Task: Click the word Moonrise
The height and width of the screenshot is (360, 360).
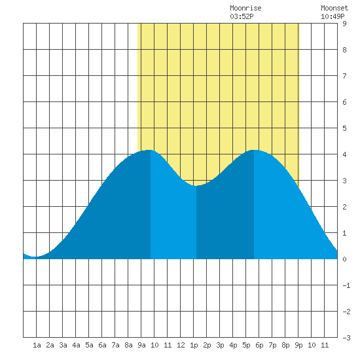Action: pyautogui.click(x=245, y=8)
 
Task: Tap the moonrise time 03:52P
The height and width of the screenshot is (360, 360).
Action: pyautogui.click(x=242, y=16)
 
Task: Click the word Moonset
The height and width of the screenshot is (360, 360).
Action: pyautogui.click(x=334, y=8)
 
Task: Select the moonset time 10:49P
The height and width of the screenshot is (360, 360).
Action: pyautogui.click(x=333, y=16)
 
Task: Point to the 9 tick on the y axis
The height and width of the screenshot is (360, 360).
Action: pyautogui.click(x=344, y=24)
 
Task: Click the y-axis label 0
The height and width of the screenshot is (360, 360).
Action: pyautogui.click(x=344, y=259)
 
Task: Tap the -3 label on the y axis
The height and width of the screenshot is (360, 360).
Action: pyautogui.click(x=346, y=338)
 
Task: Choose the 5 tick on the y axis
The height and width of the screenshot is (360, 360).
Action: pyautogui.click(x=344, y=128)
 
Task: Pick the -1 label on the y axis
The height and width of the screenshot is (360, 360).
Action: pyautogui.click(x=346, y=285)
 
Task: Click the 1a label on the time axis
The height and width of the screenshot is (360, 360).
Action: pyautogui.click(x=37, y=345)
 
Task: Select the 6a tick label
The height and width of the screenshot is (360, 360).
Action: pyautogui.click(x=102, y=345)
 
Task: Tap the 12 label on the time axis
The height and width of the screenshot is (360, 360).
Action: pyautogui.click(x=181, y=345)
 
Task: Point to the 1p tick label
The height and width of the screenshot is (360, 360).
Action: pyautogui.click(x=194, y=345)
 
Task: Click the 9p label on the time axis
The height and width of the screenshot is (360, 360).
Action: pyautogui.click(x=298, y=345)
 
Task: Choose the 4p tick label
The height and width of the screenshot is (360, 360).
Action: pyautogui.click(x=233, y=345)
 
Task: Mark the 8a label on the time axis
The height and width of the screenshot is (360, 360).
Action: pyautogui.click(x=128, y=345)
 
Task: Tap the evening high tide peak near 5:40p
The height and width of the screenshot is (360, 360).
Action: pyautogui.click(x=254, y=150)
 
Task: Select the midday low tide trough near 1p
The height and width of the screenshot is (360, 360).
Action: pyautogui.click(x=196, y=185)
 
